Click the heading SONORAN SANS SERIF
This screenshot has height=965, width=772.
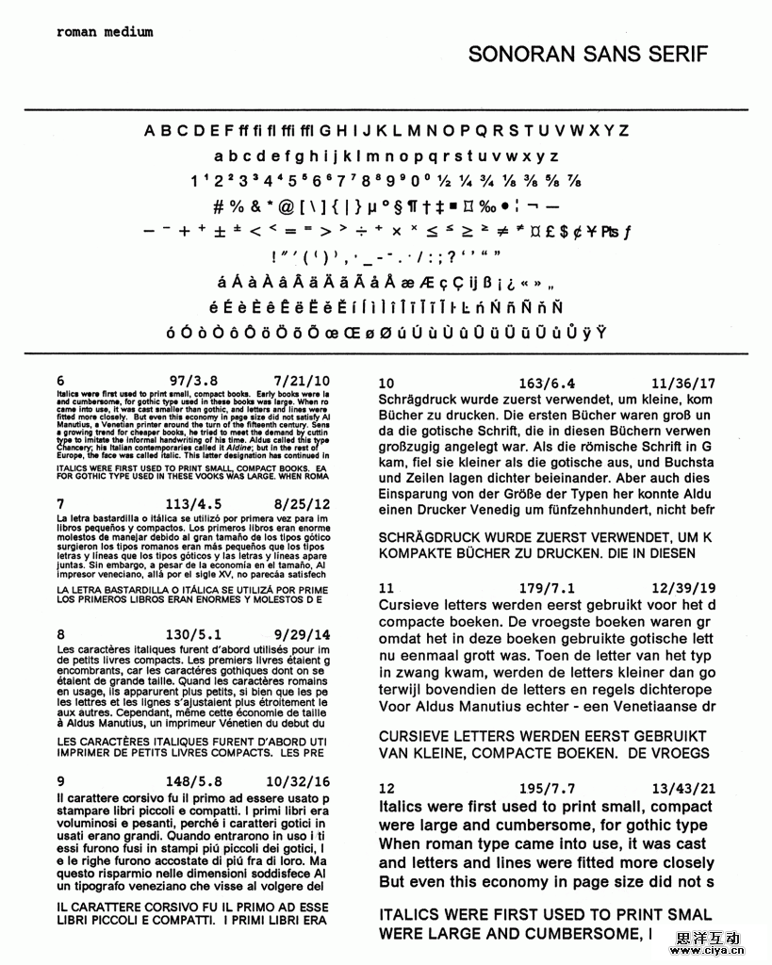[587, 55]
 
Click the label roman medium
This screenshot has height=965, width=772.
[104, 31]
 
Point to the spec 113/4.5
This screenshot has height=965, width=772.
[193, 503]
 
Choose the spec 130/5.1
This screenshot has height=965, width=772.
[193, 634]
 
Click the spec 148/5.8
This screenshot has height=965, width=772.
[193, 781]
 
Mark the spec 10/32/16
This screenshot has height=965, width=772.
[298, 781]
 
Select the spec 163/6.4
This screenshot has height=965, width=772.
[547, 384]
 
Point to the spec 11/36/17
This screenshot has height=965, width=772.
[682, 384]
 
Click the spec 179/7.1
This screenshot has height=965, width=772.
[547, 588]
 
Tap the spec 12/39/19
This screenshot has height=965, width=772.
[682, 588]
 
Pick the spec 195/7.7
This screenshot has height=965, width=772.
[547, 789]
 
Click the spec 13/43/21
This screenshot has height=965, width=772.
[682, 789]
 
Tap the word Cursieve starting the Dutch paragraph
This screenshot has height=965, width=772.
[411, 604]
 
